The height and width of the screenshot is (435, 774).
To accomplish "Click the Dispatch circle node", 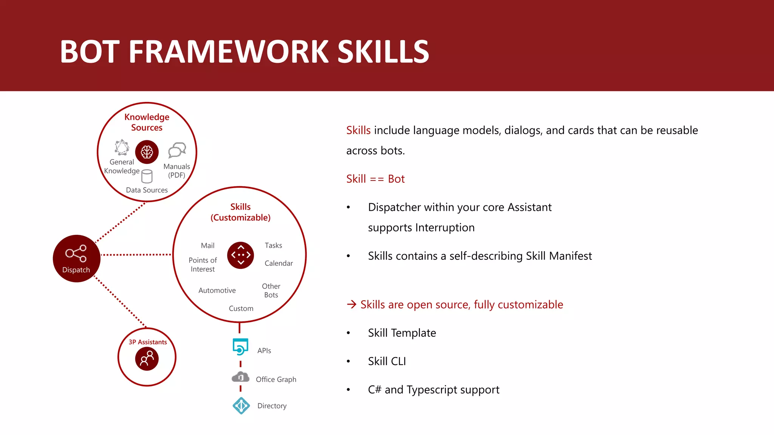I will pyautogui.click(x=76, y=259).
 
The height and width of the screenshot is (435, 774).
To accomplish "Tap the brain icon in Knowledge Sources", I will pyautogui.click(x=147, y=152).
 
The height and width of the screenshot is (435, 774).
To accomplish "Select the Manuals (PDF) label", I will pyautogui.click(x=176, y=171).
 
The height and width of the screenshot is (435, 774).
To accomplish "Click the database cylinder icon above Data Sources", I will pyautogui.click(x=147, y=176).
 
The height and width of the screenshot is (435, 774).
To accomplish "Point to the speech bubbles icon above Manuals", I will pyautogui.click(x=177, y=150).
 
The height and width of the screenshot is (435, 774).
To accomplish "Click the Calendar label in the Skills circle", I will pyautogui.click(x=279, y=263).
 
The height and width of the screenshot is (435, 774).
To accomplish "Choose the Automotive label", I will pyautogui.click(x=217, y=290).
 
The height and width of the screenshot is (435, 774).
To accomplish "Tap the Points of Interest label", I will pyautogui.click(x=203, y=265).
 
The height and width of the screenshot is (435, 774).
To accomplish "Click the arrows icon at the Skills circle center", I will pyautogui.click(x=240, y=255).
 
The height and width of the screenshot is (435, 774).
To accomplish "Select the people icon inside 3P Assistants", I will pyautogui.click(x=147, y=359).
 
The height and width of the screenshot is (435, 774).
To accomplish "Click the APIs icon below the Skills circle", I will pyautogui.click(x=240, y=347).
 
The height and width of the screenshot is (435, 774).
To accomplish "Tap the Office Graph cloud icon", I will pyautogui.click(x=240, y=377).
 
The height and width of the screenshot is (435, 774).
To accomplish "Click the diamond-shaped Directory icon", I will pyautogui.click(x=241, y=406).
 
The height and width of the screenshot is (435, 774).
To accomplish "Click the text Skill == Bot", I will pyautogui.click(x=375, y=179).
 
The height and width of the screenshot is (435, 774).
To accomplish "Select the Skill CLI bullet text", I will pyautogui.click(x=387, y=361).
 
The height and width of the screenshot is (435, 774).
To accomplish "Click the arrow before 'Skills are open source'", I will pyautogui.click(x=351, y=304).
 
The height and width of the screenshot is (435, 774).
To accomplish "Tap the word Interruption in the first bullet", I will pyautogui.click(x=445, y=228).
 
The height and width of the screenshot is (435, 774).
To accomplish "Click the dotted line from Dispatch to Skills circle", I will pyautogui.click(x=136, y=255).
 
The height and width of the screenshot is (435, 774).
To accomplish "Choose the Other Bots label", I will pyautogui.click(x=271, y=290).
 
